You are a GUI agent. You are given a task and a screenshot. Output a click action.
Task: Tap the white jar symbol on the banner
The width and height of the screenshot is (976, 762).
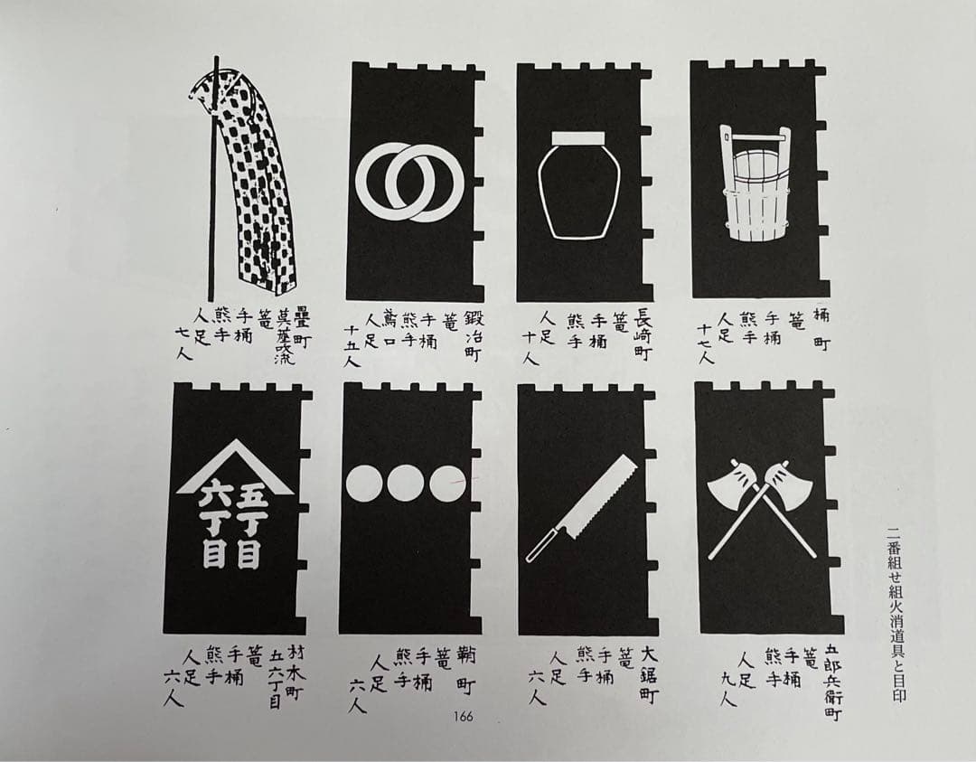coord(576,190)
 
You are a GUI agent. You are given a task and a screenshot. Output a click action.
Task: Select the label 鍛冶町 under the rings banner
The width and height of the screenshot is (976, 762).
coord(473,336)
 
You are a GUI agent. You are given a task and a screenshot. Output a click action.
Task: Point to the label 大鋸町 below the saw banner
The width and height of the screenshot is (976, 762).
coord(647,674)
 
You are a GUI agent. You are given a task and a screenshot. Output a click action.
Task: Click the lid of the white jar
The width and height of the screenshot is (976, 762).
coord(576,138)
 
